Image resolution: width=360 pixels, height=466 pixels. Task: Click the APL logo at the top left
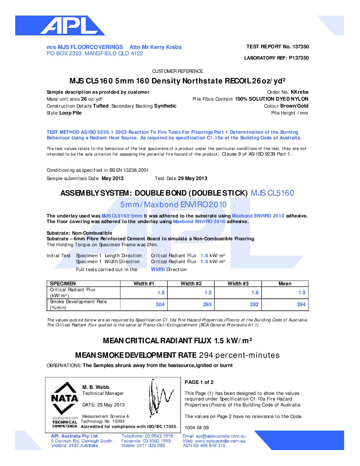(60, 25)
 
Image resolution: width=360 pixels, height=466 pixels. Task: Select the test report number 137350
(300, 47)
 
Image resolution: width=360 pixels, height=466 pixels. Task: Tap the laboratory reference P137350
(298, 58)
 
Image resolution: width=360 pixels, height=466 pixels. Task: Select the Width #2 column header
(191, 284)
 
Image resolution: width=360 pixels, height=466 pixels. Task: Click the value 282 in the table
(254, 304)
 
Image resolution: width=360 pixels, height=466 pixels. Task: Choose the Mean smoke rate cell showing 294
(301, 304)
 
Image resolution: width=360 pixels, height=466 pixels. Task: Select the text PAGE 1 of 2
(199, 382)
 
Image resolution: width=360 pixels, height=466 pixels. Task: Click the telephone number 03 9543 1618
(158, 436)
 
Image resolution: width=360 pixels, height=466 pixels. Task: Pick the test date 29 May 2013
(192, 178)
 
